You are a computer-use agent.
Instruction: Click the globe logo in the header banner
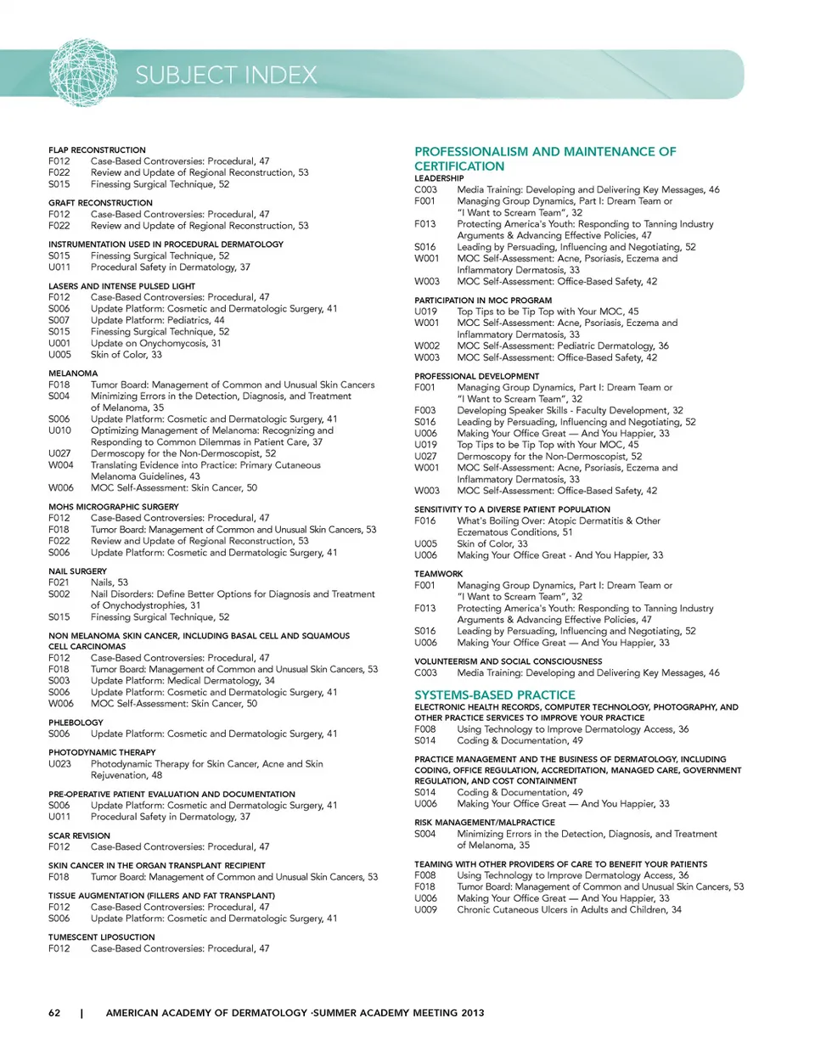click(82, 72)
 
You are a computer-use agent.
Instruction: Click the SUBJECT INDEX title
click(226, 76)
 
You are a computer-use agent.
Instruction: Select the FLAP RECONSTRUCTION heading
click(97, 150)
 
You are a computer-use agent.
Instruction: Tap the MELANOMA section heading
click(73, 374)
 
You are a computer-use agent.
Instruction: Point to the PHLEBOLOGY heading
click(76, 722)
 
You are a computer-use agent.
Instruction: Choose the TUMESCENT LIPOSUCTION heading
click(102, 937)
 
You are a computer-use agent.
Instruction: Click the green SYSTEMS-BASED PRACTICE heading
click(494, 694)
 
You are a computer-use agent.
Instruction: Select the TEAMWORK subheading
click(438, 574)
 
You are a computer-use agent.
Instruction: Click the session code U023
click(59, 764)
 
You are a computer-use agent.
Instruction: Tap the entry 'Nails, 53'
click(110, 582)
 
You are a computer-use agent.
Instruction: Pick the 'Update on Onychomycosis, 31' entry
click(155, 343)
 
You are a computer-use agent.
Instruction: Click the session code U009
click(425, 909)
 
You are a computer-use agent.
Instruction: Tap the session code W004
click(60, 465)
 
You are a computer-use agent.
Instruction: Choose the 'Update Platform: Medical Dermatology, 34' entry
click(183, 681)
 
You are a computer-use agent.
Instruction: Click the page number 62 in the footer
click(54, 1013)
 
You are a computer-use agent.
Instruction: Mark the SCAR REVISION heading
click(79, 835)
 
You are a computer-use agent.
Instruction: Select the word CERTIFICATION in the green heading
click(459, 166)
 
